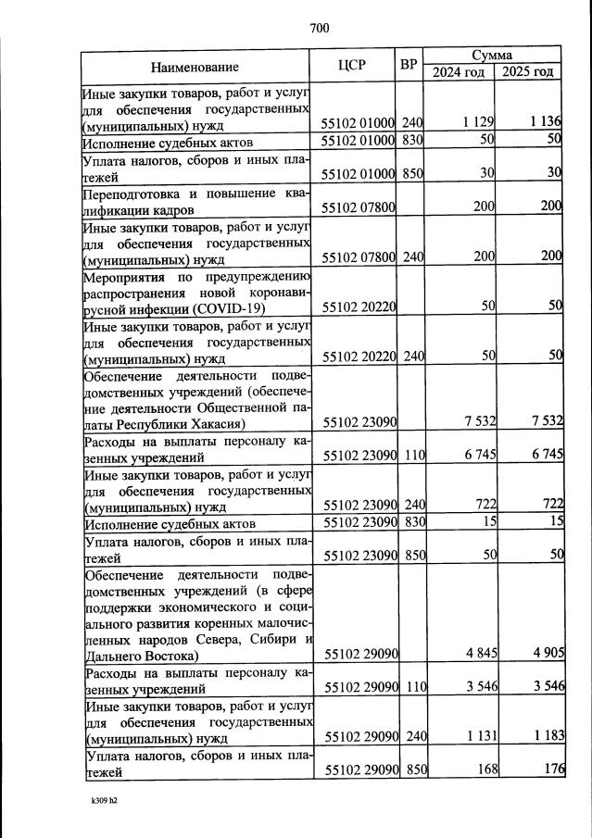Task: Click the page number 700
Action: [319, 29]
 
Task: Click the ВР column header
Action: [408, 66]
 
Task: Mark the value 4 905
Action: [547, 654]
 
